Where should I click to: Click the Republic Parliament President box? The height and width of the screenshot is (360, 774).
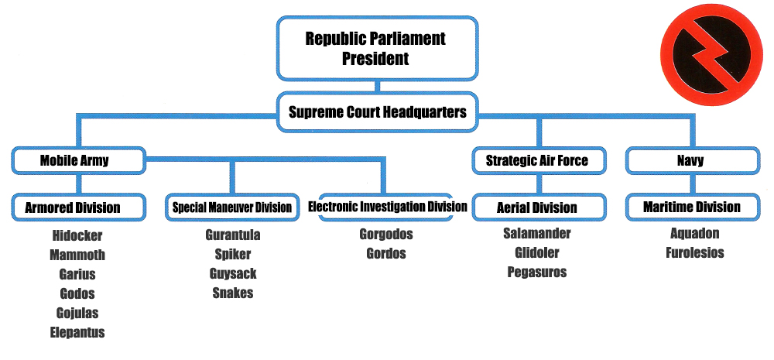(x=376, y=48)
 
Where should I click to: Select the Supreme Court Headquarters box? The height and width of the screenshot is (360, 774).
(x=377, y=112)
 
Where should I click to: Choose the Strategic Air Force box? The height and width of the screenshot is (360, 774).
(x=536, y=161)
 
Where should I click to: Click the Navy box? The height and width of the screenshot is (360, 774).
(x=691, y=161)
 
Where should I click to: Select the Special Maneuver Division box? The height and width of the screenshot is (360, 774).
(x=232, y=207)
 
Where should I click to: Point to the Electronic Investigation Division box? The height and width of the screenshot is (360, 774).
(x=387, y=207)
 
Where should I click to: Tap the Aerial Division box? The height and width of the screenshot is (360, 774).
(x=536, y=207)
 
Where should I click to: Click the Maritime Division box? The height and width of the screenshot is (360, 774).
(x=691, y=207)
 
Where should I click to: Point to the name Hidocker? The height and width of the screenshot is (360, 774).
(x=77, y=235)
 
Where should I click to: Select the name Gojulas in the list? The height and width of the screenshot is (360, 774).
(x=77, y=313)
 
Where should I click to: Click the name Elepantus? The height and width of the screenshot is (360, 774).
(x=77, y=333)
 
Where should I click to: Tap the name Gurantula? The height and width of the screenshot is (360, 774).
(x=233, y=235)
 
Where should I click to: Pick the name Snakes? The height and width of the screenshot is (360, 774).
(x=233, y=293)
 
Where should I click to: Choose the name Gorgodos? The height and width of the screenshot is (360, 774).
(x=386, y=234)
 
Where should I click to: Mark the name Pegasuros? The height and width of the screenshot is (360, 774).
(x=537, y=272)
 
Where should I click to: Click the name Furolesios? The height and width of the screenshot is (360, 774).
(x=694, y=252)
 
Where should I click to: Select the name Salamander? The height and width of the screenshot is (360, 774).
(x=537, y=233)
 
